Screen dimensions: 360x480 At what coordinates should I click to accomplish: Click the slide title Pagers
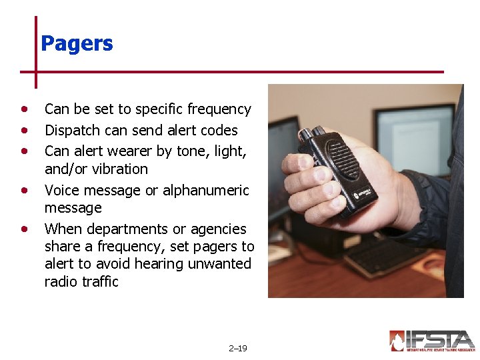(77, 44)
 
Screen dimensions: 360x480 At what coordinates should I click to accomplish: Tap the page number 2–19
(237, 348)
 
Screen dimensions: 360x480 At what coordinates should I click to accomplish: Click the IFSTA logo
(432, 341)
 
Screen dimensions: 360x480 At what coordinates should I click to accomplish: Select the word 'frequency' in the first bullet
(219, 109)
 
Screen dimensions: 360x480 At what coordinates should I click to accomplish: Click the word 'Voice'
(62, 190)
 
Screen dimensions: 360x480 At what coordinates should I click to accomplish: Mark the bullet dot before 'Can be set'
(25, 109)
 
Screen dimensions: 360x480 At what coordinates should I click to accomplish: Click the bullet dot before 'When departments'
(25, 229)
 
